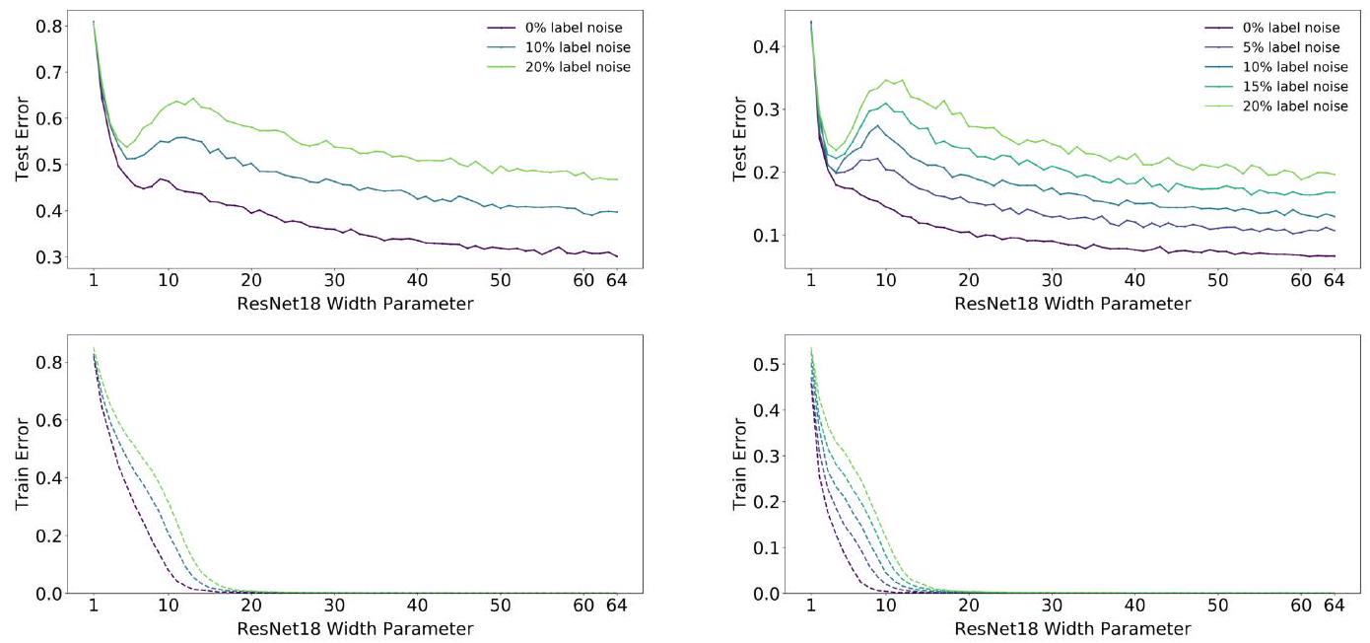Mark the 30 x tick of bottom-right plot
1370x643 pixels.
(1052, 606)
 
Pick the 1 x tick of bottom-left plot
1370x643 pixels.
(93, 606)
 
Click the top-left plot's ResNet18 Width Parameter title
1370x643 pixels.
(355, 304)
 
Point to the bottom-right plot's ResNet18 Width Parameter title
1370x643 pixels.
(1072, 628)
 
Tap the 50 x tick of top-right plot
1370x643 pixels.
(1218, 280)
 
